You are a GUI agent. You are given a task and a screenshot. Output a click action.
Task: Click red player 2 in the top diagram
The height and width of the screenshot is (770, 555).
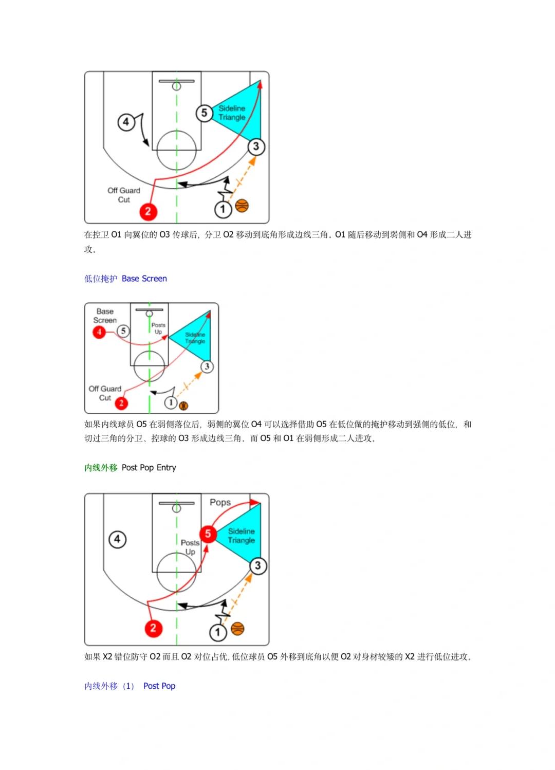point(148,211)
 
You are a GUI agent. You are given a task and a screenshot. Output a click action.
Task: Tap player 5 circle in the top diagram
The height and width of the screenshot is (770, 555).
point(204,113)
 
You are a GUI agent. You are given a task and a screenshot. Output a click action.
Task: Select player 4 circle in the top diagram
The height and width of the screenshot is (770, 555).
point(126,122)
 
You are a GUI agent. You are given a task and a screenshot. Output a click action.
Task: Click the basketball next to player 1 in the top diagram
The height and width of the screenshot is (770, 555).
point(242,206)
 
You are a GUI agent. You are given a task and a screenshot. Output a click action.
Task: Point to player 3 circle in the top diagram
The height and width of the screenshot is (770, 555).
point(256,146)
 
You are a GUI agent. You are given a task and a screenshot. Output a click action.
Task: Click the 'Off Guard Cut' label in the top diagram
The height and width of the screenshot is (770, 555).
point(124,195)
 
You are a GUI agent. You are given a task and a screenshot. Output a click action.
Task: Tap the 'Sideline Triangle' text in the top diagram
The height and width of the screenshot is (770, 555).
point(232,113)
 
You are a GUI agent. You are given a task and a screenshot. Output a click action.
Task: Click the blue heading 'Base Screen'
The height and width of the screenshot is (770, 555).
point(144,279)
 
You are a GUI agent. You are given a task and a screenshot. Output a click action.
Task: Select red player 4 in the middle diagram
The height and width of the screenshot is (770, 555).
point(99,332)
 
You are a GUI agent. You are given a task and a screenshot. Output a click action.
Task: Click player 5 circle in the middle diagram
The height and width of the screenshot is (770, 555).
point(123,331)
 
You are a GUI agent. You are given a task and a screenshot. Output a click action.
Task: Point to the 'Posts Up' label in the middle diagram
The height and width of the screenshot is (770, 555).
point(158,328)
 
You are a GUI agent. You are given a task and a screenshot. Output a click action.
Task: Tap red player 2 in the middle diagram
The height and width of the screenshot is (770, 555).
point(121,403)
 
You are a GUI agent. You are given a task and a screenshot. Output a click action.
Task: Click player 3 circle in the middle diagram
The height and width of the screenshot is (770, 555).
point(207,366)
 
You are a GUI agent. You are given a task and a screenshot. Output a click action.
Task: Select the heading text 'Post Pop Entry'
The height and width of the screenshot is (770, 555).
point(149,467)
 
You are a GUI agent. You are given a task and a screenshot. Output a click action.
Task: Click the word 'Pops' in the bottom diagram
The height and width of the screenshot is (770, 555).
point(220,502)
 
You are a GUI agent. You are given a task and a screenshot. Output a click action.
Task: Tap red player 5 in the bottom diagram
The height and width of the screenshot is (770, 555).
point(208,534)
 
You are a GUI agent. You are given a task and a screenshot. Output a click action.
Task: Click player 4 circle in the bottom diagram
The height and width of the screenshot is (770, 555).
point(117,539)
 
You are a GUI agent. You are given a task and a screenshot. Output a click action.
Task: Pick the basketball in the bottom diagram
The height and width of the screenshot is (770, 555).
point(237,628)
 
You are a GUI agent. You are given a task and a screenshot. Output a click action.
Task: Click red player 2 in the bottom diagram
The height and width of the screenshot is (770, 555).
point(153,628)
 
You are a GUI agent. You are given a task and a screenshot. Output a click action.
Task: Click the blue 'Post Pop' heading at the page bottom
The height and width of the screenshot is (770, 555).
point(159,686)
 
